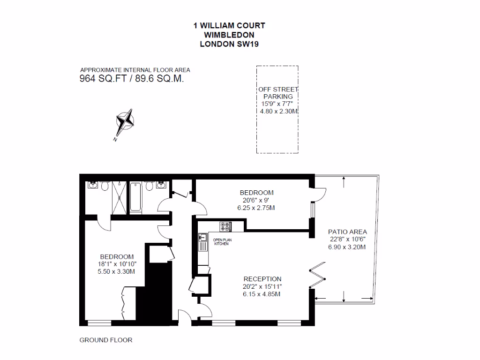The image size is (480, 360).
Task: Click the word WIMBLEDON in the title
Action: pos(229,35)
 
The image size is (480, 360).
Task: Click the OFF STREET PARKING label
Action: pos(278,93)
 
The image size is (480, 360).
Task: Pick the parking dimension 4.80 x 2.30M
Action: pos(279,112)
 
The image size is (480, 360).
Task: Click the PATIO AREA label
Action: pos(347,232)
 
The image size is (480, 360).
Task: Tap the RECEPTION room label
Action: pos(262,279)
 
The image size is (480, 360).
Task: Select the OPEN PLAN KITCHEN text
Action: pos(222,242)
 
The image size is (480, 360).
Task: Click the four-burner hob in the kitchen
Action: pos(226,226)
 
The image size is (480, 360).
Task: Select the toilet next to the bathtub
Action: pos(150,187)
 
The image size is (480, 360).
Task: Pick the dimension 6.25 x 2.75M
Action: pos(256,208)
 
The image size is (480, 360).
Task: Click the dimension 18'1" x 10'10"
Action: pos(117,264)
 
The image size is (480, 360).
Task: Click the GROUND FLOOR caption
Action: pos(106,340)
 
